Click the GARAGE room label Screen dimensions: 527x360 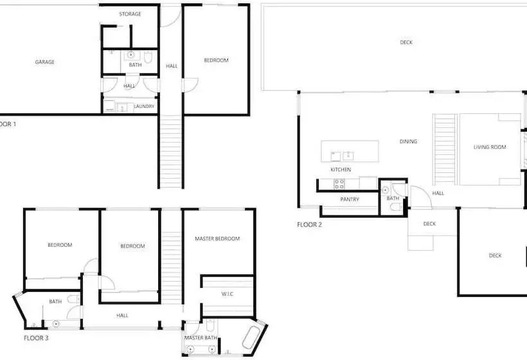(45, 62)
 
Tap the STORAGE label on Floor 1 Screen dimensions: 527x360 (130, 14)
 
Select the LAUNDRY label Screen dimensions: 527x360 (144, 106)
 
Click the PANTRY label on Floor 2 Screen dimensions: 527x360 (350, 199)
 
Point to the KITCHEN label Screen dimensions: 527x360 (341, 170)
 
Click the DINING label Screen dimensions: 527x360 (408, 141)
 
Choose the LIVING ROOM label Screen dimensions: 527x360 (490, 147)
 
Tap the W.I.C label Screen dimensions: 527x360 (228, 294)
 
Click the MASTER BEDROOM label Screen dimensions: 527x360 (217, 239)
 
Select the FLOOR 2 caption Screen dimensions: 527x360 (309, 224)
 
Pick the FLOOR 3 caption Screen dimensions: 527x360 (36, 337)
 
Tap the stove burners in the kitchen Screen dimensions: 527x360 (339, 184)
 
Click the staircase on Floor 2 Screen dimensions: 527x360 (444, 149)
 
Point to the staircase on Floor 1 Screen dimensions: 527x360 (171, 151)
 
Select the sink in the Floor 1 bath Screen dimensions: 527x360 (130, 55)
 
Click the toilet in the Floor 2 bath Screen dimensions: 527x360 (397, 206)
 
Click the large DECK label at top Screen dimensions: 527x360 (406, 42)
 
